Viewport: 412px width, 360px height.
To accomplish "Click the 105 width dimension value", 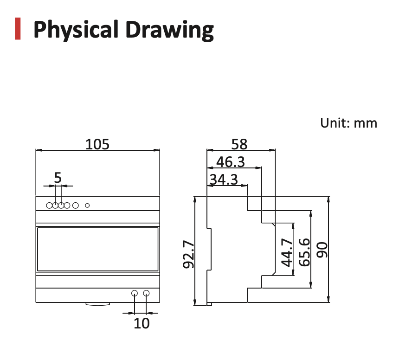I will tap(97, 144).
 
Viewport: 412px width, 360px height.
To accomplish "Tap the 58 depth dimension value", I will tap(239, 144).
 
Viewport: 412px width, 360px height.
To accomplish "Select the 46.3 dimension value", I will tap(231, 162).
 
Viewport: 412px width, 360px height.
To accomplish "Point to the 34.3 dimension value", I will tap(223, 179).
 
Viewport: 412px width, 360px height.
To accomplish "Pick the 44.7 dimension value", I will tap(287, 252).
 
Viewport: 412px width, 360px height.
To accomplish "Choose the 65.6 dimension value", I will tap(304, 252).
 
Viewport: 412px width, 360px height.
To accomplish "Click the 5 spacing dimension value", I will tap(58, 177).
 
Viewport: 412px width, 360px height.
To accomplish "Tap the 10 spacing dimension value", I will tap(142, 323).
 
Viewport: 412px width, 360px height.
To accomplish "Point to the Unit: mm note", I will tap(348, 123).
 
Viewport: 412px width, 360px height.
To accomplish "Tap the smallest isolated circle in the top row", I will tap(87, 205).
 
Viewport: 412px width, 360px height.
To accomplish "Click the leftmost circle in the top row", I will tap(49, 205).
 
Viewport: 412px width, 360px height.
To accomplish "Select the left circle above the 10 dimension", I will tap(135, 293).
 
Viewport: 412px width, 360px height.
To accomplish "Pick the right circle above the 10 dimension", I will tap(147, 293).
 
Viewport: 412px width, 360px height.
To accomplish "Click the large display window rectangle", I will tap(97, 249).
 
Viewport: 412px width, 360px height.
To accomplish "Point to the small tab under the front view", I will tap(97, 304).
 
